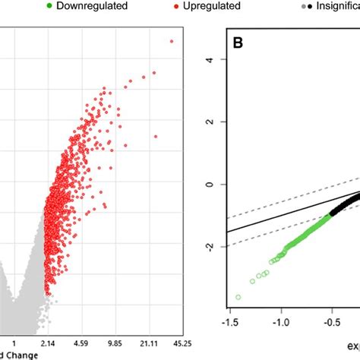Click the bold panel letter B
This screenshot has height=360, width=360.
click(x=238, y=63)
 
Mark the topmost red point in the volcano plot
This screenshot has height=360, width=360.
click(x=172, y=42)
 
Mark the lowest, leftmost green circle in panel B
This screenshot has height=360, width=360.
click(x=238, y=297)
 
